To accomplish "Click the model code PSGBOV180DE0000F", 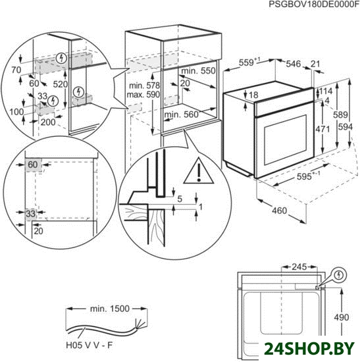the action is [x=314, y=4].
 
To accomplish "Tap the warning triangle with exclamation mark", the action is [x=199, y=171].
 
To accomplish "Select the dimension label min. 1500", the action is [x=110, y=309].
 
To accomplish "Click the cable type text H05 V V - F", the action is [x=90, y=346].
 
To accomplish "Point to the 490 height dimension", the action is [x=342, y=317].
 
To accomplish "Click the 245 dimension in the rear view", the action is [x=299, y=267].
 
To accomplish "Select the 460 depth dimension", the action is [x=280, y=211].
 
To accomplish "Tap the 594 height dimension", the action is [x=346, y=127].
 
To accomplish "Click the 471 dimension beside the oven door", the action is [x=323, y=129].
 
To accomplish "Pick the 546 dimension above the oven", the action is [x=294, y=64].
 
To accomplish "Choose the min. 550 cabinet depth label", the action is [x=198, y=70].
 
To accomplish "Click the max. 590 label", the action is [x=143, y=94].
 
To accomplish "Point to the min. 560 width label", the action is [x=181, y=115].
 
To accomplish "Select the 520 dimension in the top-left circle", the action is [x=61, y=84].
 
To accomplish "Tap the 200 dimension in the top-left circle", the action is [x=48, y=122].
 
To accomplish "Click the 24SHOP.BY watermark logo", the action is [x=309, y=348].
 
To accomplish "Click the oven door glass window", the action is [x=286, y=140].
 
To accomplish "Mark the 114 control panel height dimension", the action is [x=326, y=91].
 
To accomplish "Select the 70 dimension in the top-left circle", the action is [x=16, y=70].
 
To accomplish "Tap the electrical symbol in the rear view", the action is [x=339, y=275].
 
